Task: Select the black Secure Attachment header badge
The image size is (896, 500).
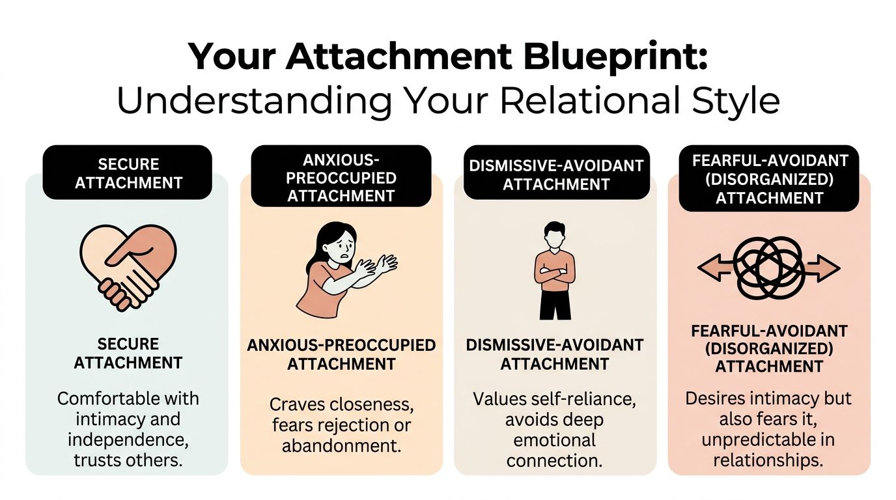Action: (x=128, y=173)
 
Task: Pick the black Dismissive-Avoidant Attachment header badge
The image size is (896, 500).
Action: (x=556, y=175)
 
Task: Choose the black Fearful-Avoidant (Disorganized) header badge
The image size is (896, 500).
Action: (x=769, y=178)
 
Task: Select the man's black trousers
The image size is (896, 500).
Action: (x=555, y=303)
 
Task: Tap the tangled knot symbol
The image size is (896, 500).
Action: (x=769, y=268)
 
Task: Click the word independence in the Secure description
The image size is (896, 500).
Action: (x=128, y=440)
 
